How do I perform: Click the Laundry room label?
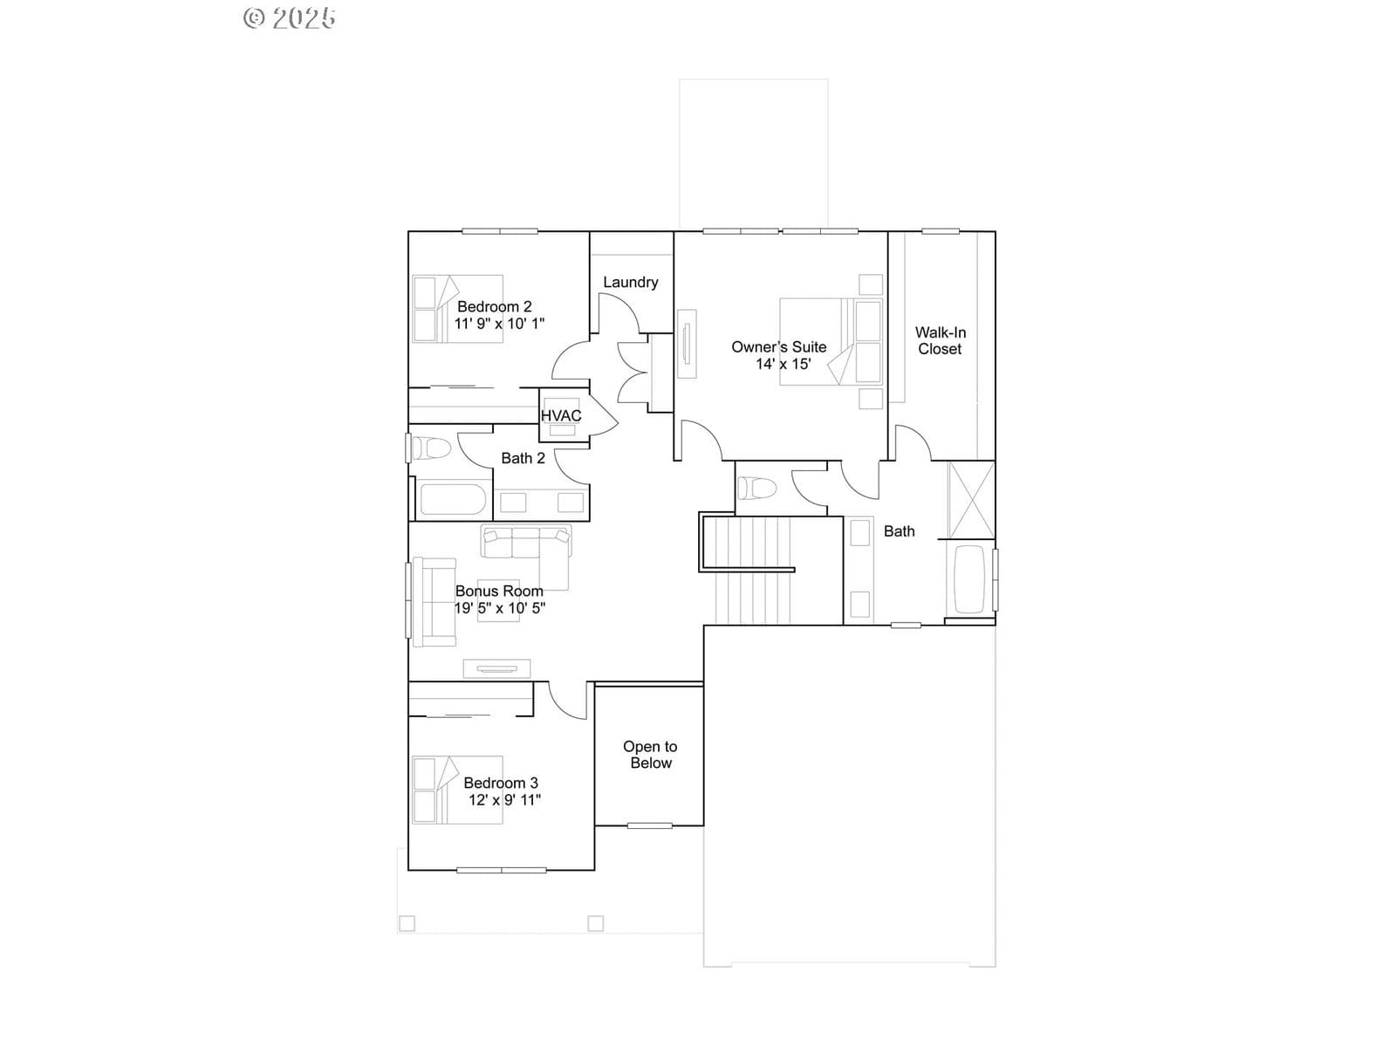pos(630,282)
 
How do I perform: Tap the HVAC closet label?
pos(561,416)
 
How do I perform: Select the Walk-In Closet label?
pos(940,341)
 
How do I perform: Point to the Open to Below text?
pos(650,755)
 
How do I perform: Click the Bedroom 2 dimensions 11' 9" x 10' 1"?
pos(499,324)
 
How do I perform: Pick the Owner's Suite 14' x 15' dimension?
pos(783,364)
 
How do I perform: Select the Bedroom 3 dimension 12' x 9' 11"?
pos(504,800)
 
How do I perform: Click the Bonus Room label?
pos(499,592)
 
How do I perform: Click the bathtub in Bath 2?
pos(452,500)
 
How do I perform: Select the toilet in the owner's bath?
pos(756,489)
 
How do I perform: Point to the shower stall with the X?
pos(971,500)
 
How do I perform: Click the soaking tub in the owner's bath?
pos(970,579)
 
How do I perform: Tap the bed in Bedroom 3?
pos(457,790)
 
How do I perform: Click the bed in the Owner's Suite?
pos(831,342)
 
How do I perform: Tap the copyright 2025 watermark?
pos(290,17)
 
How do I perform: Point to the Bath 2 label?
pos(523,458)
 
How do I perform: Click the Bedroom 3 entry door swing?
pos(566,701)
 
